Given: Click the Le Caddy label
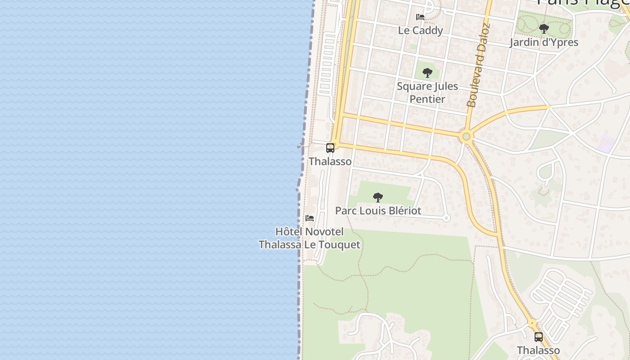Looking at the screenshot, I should [x=420, y=31].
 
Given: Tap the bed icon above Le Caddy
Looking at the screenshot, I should [x=420, y=17].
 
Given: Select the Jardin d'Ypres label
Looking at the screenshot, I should [x=544, y=42].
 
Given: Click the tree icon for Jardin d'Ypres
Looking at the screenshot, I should [x=544, y=29].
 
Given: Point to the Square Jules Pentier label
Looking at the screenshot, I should [x=427, y=93].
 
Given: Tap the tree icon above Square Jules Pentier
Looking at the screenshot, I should [x=427, y=73].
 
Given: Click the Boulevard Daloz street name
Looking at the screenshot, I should [x=477, y=65].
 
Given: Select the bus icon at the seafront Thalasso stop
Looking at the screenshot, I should [x=330, y=148].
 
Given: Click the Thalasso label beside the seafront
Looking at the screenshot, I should [x=330, y=162].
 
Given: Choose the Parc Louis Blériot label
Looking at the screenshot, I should [x=378, y=211].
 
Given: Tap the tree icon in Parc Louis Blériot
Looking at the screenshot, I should [x=378, y=197].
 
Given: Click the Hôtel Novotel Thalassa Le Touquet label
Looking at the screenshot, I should [x=309, y=238].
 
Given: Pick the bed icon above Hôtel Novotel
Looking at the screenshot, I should [x=310, y=218].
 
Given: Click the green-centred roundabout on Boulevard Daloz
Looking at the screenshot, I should [x=466, y=136].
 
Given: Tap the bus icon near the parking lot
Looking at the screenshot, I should [x=538, y=337].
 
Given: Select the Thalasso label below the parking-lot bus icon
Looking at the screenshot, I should [x=538, y=350].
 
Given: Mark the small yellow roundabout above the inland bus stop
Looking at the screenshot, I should [x=532, y=323].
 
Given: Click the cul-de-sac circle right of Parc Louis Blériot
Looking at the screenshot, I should [x=446, y=218].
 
